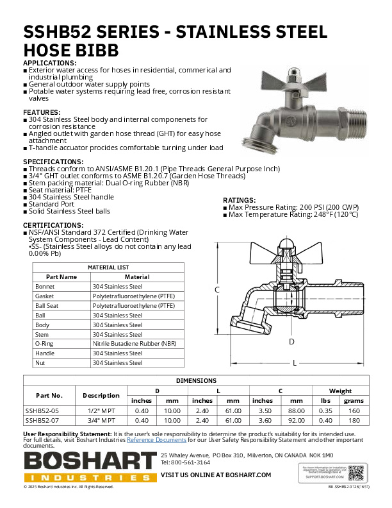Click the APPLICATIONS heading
pyautogui.click(x=50, y=63)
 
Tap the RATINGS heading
pyautogui.click(x=239, y=200)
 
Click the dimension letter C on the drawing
pyautogui.click(x=217, y=290)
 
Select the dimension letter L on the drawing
pyautogui.click(x=294, y=363)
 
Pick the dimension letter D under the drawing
pyautogui.click(x=291, y=342)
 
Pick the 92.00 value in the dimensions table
pyautogui.click(x=295, y=420)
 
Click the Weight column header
pyautogui.click(x=340, y=391)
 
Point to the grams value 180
pyautogui.click(x=354, y=420)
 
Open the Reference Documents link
pyautogui.click(x=156, y=440)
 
